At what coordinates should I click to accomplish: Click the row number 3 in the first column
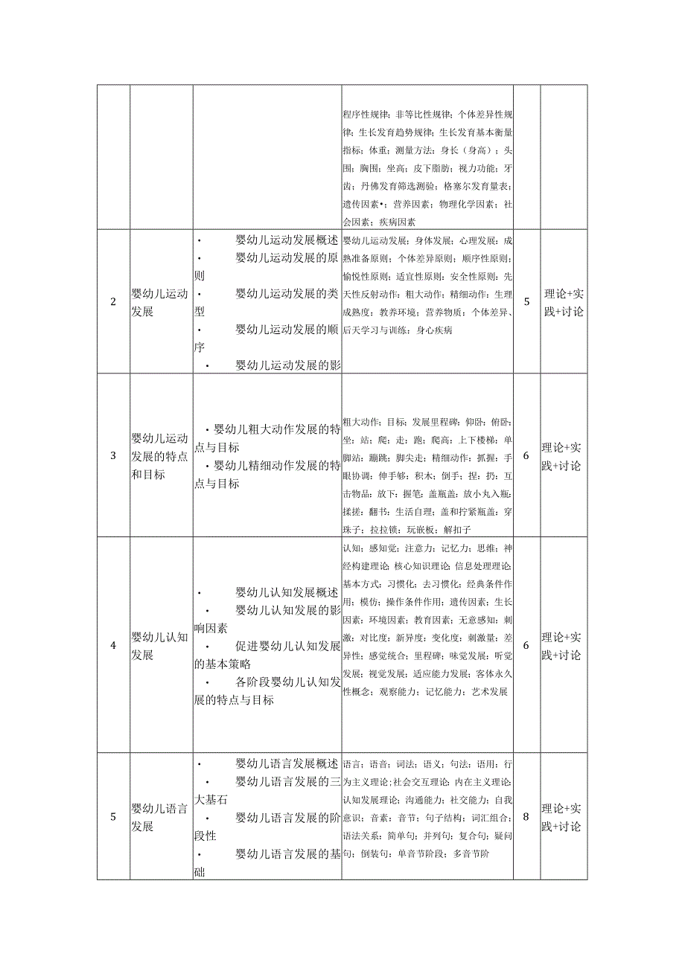[113, 455]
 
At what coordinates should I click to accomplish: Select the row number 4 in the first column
[113, 645]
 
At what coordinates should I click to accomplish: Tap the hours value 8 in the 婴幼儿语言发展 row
[526, 816]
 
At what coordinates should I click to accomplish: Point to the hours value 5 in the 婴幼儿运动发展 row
[526, 302]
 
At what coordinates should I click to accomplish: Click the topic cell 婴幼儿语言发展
[160, 817]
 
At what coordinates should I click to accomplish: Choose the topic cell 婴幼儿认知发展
[160, 645]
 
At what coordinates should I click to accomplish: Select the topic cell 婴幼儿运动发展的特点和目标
[160, 455]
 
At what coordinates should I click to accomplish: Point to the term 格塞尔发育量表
[476, 185]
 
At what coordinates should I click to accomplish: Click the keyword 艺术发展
[489, 691]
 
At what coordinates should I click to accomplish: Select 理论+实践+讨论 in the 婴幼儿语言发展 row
[564, 817]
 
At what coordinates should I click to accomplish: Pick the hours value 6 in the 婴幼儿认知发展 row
[526, 645]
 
